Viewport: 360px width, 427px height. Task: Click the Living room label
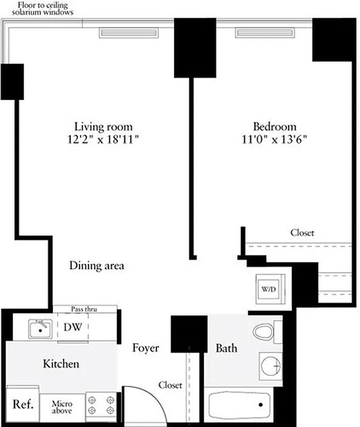pyautogui.click(x=103, y=126)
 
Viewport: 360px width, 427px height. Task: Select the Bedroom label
pyautogui.click(x=274, y=126)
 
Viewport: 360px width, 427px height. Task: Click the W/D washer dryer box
pyautogui.click(x=268, y=289)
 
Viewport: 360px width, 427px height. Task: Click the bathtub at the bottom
pyautogui.click(x=239, y=406)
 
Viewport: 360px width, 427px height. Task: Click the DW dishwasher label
pyautogui.click(x=73, y=327)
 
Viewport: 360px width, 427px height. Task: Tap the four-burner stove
pyautogui.click(x=101, y=405)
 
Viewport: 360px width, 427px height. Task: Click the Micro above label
pyautogui.click(x=62, y=407)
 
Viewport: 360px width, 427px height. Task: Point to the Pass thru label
pyautogui.click(x=84, y=309)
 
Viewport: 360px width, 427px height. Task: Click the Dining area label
pyautogui.click(x=97, y=265)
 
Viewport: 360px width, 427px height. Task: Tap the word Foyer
pyautogui.click(x=146, y=348)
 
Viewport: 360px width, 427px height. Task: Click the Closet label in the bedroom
pyautogui.click(x=302, y=233)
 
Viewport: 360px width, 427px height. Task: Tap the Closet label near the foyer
pyautogui.click(x=170, y=385)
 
